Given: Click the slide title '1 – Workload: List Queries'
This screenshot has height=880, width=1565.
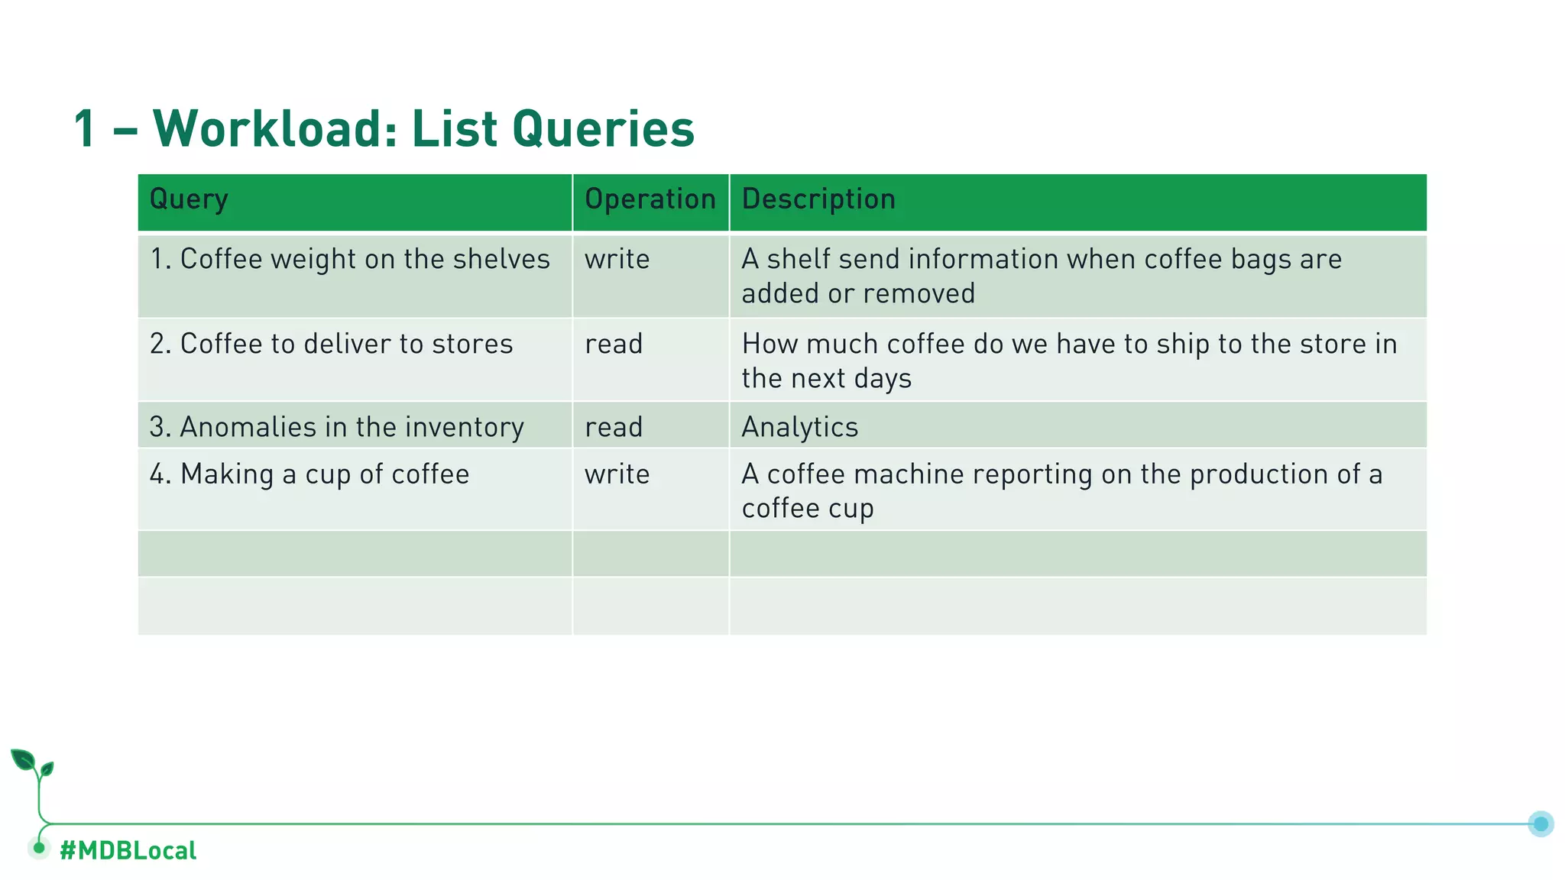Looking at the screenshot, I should point(384,128).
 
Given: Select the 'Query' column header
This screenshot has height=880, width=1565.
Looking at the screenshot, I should point(189,199).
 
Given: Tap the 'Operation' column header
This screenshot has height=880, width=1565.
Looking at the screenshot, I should point(650,199).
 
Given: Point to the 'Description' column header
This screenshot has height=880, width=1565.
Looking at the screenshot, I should point(818,199).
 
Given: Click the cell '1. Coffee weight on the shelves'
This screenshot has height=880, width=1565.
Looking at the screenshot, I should point(350,260).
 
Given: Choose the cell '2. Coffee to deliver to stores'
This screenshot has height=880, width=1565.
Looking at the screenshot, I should point(332,345).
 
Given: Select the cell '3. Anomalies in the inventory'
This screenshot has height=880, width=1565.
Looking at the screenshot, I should point(337,427).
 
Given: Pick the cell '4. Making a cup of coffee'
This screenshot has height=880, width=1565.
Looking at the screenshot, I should point(309,474).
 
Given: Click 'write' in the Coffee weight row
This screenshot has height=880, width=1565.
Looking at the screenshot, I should point(617,260).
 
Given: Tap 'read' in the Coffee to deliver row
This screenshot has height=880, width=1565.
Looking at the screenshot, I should point(614,345).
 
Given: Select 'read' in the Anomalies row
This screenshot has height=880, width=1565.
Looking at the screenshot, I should point(614,427).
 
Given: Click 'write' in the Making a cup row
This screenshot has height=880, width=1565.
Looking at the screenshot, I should point(617,474).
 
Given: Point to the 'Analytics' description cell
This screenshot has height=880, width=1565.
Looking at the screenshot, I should point(800,427).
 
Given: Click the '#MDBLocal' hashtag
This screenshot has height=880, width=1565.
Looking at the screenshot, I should point(128,850).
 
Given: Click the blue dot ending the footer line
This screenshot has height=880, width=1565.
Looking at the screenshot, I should point(1541,823).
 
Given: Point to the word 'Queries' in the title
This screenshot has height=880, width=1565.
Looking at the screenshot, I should point(603,128).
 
